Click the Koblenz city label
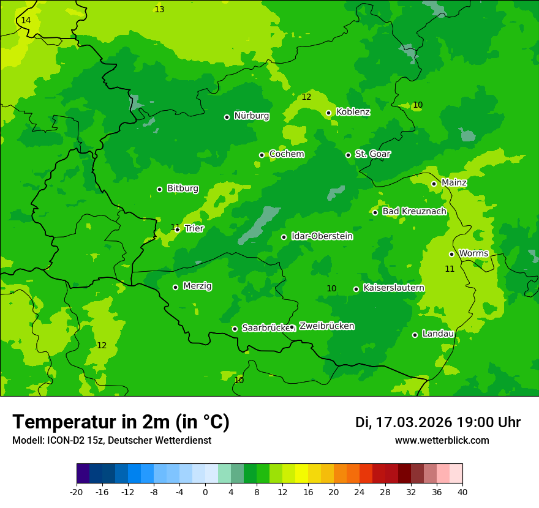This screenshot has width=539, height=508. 353,112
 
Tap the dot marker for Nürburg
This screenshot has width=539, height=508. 227,117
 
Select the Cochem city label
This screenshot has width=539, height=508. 286,154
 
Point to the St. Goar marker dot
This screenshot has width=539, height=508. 348,155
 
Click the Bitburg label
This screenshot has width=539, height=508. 183,189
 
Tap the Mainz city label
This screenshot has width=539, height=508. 454,183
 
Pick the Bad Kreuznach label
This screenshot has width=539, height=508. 414,212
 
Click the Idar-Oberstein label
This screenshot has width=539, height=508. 322,236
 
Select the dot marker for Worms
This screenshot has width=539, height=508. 451,254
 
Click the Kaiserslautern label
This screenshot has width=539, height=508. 393,288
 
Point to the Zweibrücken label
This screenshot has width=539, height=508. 326,326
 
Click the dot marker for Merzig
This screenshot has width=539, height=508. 175,287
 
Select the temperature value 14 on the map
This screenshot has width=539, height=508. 26,21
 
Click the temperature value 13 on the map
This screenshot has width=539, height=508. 159,9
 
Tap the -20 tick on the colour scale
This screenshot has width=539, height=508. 77,492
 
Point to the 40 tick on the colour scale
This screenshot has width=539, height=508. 462,492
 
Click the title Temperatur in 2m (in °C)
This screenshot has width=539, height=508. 121,422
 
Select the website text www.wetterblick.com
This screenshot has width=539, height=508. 442,441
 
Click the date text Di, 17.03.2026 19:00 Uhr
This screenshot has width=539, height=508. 437,422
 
